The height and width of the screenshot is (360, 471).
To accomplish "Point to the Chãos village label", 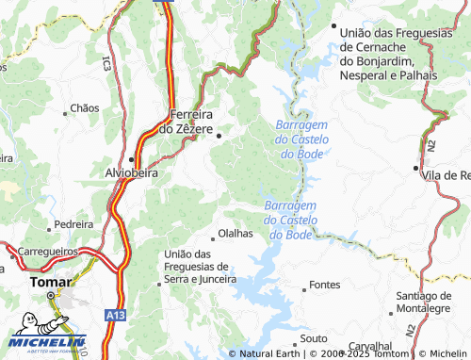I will tap(84, 108).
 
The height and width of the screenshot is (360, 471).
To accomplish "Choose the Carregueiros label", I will tap(47, 253).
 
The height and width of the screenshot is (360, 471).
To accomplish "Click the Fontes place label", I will tap(324, 285).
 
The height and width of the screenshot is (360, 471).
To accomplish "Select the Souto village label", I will tap(313, 337).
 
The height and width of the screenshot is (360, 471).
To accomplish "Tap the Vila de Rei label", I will tap(447, 175).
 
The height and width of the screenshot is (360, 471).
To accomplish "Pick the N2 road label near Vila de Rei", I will tap(430, 144).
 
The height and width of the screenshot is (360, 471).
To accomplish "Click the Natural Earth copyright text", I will tap(273, 353).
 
